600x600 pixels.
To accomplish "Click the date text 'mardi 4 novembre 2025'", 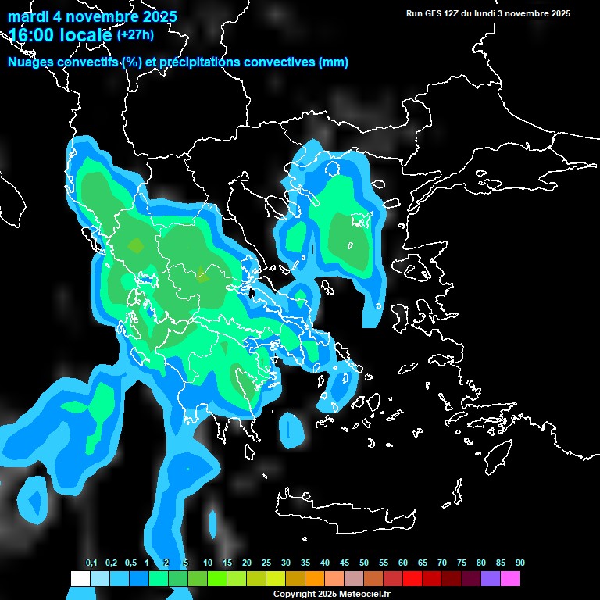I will [92, 16].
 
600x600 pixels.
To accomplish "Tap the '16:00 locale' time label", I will [60, 35].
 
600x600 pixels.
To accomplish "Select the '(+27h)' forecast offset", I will [135, 35].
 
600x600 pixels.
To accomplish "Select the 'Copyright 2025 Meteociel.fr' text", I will [331, 595].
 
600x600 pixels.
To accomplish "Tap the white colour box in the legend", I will [80, 579].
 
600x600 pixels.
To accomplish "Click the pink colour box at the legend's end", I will [510, 579].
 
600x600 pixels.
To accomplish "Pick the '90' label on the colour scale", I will [520, 563].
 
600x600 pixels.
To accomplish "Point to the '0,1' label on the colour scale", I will [91, 563].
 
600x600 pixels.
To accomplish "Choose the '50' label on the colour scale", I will [364, 563].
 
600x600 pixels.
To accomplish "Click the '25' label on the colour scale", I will [266, 563].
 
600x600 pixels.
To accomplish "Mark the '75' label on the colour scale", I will [462, 563].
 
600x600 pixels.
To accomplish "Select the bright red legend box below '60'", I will [412, 579].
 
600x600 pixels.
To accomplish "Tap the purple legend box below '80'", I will [491, 579].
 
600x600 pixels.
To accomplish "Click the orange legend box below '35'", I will [315, 579].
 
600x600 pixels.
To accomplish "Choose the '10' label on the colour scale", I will [208, 563].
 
